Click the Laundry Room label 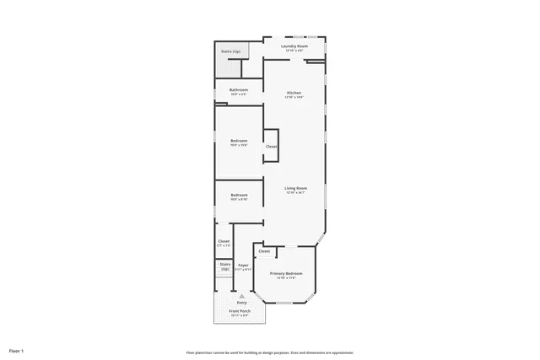click(294, 46)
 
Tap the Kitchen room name click(294, 93)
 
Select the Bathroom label click(239, 89)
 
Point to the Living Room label click(294, 188)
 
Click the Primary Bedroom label click(285, 274)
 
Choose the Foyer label click(243, 266)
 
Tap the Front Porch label click(240, 311)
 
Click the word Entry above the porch click(241, 302)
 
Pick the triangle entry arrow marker click(242, 295)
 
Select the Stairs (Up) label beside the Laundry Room click(230, 51)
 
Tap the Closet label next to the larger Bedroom click(271, 147)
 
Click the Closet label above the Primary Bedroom click(264, 251)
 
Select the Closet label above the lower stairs click(224, 241)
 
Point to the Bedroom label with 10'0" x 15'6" click(239, 140)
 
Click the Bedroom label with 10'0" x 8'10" click(239, 195)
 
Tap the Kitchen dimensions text click(294, 98)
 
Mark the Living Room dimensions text click(294, 193)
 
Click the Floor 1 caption click(17, 350)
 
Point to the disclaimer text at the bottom click(269, 352)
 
